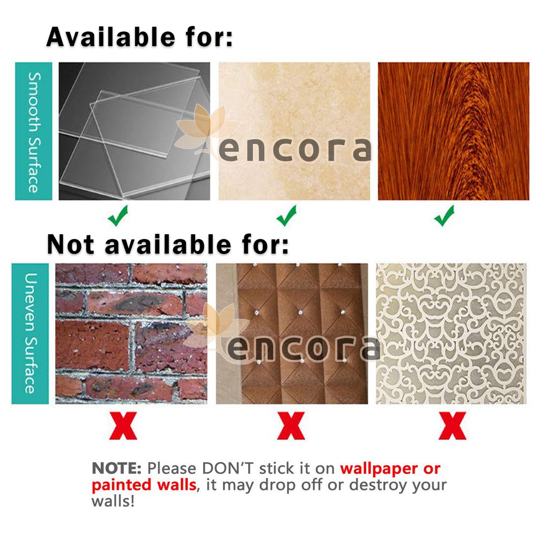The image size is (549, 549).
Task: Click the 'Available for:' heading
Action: pos(139,37)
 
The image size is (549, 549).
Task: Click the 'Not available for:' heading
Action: pos(168,244)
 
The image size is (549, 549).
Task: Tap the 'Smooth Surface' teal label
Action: pos(34,131)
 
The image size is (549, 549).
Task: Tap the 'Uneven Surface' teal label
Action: pos(30,333)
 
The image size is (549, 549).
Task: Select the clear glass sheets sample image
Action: pos(135,131)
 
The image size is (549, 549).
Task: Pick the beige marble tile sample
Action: pos(294,131)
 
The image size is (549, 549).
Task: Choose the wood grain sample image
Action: pos(454,131)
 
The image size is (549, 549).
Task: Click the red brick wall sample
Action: pos(131,333)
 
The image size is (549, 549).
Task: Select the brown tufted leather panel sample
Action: pos(292,333)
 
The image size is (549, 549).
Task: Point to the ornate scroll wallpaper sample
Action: pos(451,333)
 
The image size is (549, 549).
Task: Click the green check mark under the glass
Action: pos(118,216)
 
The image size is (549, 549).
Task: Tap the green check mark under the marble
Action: pos(286,216)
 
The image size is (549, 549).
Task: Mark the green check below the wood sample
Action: pos(444,216)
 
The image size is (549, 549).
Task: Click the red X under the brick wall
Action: pos(123,426)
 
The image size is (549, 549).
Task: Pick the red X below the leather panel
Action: pos(291,426)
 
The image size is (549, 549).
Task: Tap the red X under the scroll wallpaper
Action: pos(452,426)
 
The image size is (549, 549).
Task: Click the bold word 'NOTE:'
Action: pos(116,469)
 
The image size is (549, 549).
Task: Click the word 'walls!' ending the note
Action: pos(113,501)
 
